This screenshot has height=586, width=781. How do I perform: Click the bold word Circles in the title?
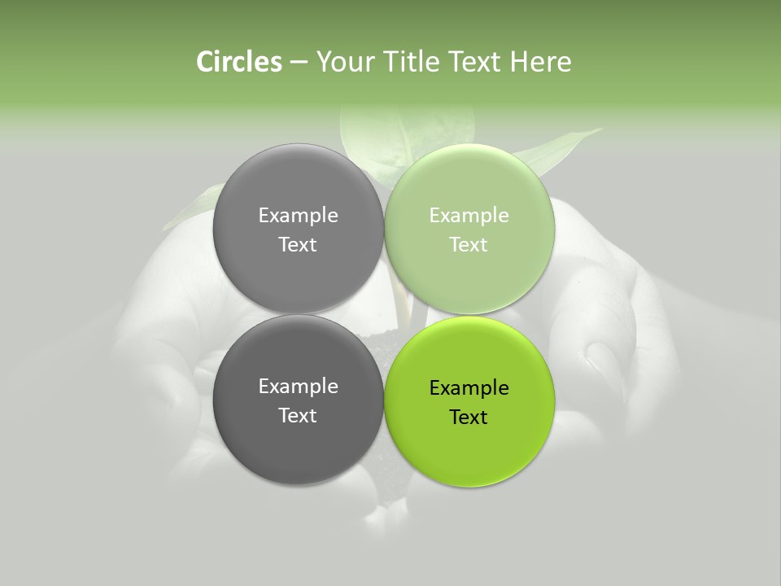click(239, 62)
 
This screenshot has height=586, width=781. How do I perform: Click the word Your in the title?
click(343, 62)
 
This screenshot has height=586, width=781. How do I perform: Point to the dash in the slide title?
click(299, 63)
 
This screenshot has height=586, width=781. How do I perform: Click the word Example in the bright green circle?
click(469, 388)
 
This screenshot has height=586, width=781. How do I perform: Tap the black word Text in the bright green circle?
click(469, 418)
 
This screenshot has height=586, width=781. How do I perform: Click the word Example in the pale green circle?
click(469, 216)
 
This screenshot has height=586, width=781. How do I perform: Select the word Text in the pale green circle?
click(469, 245)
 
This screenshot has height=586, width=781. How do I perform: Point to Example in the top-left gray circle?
click(298, 216)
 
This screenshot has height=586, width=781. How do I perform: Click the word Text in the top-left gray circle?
click(298, 245)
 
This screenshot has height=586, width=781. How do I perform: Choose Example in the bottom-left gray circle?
click(298, 387)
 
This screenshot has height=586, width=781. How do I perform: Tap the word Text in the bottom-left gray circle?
click(298, 416)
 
